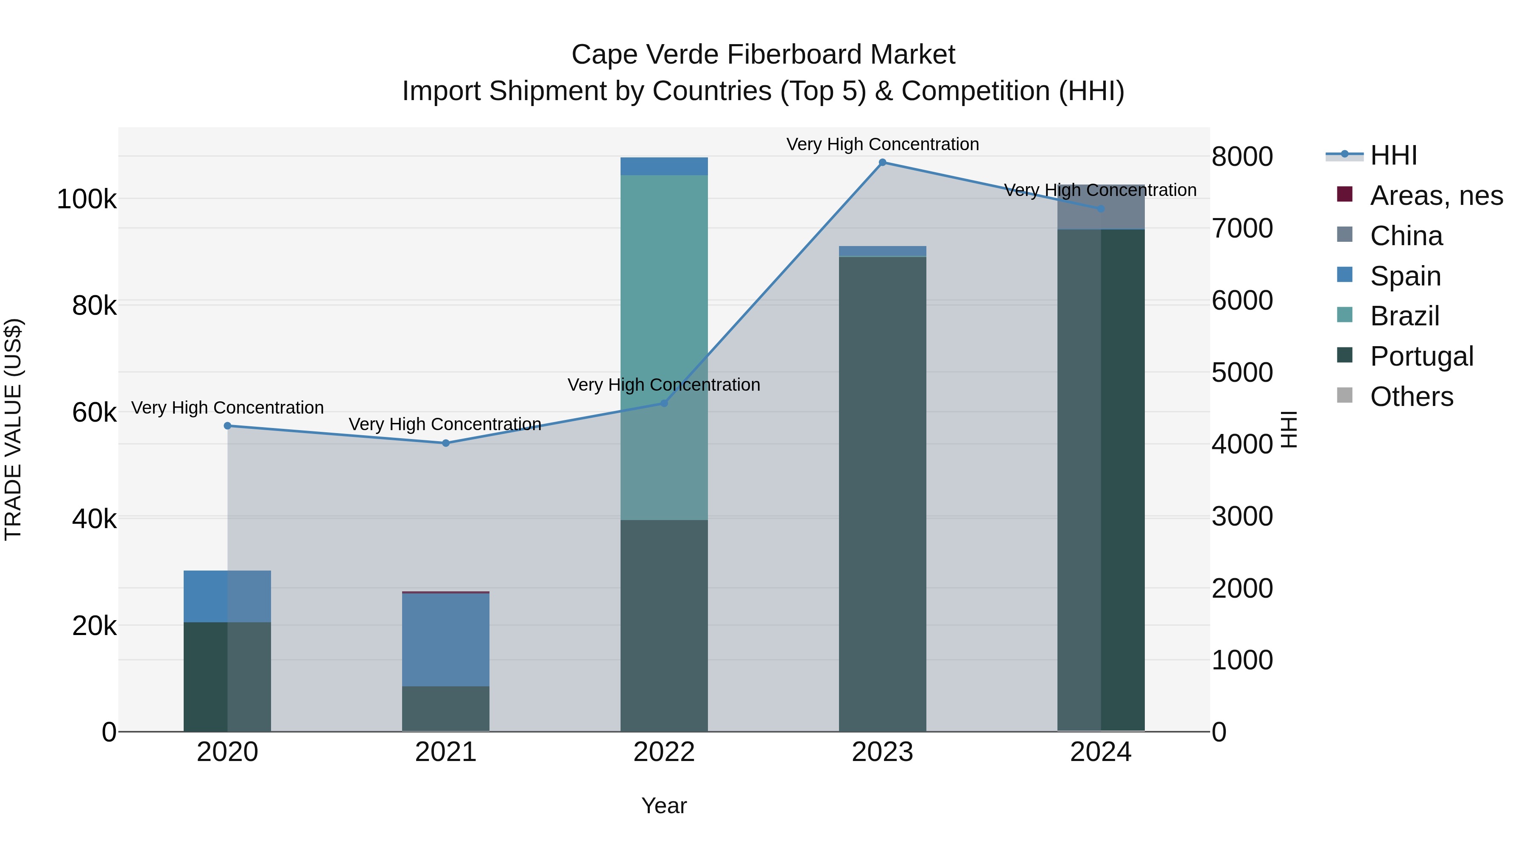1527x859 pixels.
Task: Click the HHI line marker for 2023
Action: (x=882, y=162)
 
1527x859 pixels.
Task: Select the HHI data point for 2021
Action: (x=446, y=443)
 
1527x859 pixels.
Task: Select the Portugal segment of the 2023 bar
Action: (x=882, y=492)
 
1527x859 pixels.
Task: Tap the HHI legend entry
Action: (x=1393, y=155)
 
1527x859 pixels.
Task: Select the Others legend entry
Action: (x=1411, y=397)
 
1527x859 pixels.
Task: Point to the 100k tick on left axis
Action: (x=87, y=199)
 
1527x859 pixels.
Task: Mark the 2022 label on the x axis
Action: (x=664, y=752)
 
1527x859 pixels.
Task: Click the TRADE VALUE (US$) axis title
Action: (x=13, y=429)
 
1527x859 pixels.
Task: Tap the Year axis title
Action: (x=664, y=806)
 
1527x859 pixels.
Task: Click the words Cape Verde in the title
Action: (x=645, y=55)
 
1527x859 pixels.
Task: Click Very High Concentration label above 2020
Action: (x=228, y=408)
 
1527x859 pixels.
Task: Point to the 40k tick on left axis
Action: (x=94, y=519)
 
